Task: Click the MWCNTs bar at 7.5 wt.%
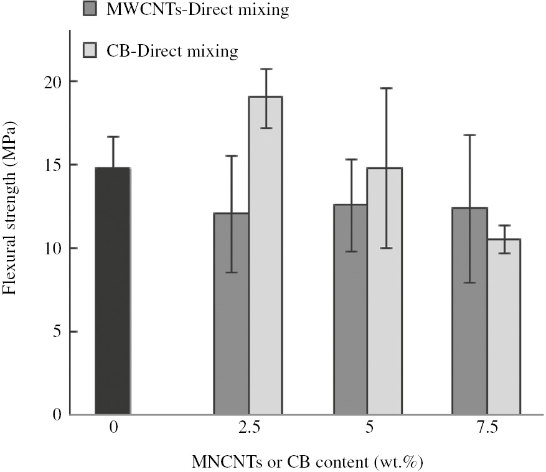469,311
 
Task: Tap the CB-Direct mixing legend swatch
90,49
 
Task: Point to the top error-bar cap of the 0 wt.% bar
113,137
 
